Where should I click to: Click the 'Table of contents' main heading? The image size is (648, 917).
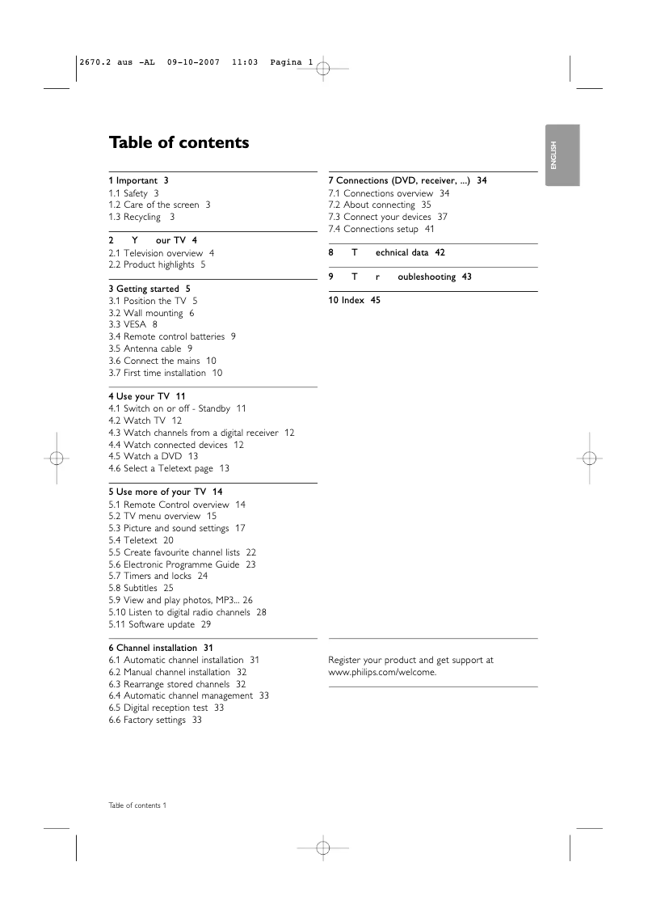(179, 143)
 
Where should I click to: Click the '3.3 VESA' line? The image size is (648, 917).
(133, 324)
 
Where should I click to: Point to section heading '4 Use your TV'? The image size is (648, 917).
(146, 396)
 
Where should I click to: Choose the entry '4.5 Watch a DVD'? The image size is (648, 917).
(153, 456)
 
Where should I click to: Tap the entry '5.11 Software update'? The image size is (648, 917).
(159, 624)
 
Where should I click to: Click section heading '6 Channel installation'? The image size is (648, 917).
(161, 648)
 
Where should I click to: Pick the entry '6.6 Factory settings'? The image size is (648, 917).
(154, 720)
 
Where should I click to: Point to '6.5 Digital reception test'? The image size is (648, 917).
(166, 708)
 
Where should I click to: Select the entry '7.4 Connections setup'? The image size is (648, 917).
(381, 229)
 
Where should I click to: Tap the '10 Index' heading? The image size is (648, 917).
(354, 300)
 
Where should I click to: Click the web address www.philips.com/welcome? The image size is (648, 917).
(382, 672)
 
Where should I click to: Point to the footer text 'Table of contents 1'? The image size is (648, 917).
(137, 805)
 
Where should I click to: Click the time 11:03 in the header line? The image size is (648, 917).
(244, 62)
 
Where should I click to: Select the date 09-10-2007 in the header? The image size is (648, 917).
(194, 62)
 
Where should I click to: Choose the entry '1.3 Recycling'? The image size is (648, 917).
(141, 217)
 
